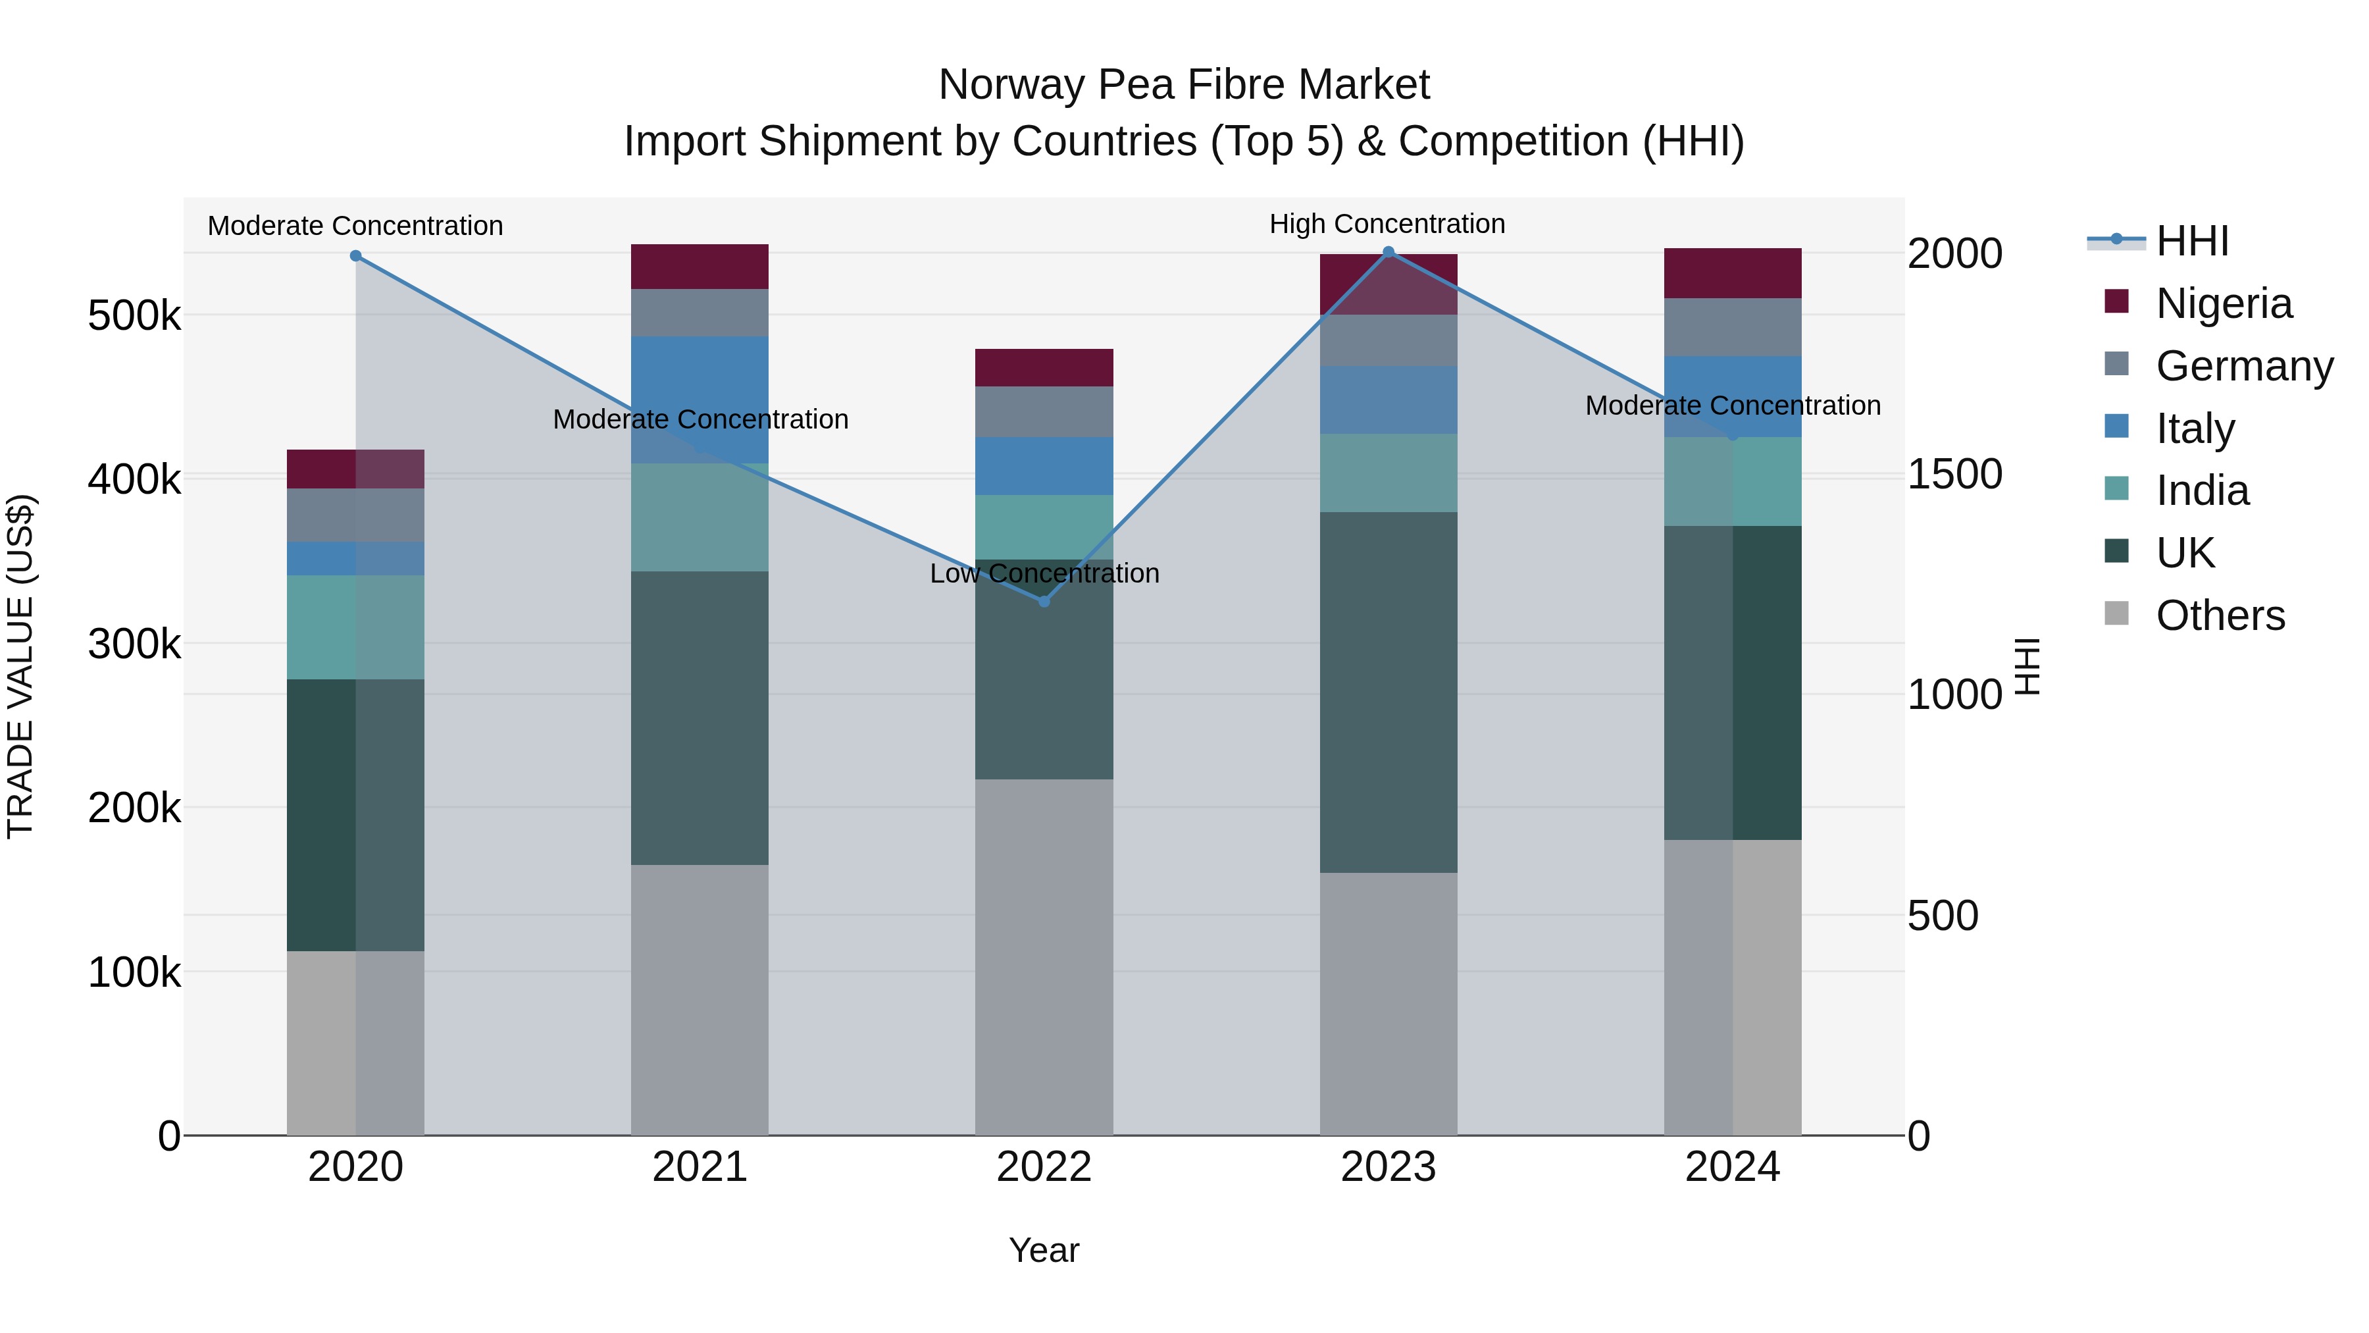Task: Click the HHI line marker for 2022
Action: (x=1044, y=601)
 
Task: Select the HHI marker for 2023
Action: (x=1388, y=252)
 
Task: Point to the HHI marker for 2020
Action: (x=356, y=256)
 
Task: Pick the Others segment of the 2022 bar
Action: (x=1044, y=956)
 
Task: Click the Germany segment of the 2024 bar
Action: (x=1733, y=327)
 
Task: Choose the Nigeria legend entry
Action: (x=2224, y=303)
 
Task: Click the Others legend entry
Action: (x=2220, y=615)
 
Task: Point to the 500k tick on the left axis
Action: (x=134, y=315)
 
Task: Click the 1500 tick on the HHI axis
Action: (x=1954, y=474)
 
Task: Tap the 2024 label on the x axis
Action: (x=1733, y=1167)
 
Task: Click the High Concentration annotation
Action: (x=1387, y=224)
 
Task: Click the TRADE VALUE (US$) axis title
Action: (x=20, y=666)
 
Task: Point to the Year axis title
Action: (x=1044, y=1250)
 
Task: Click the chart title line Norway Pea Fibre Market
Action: (x=1184, y=85)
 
